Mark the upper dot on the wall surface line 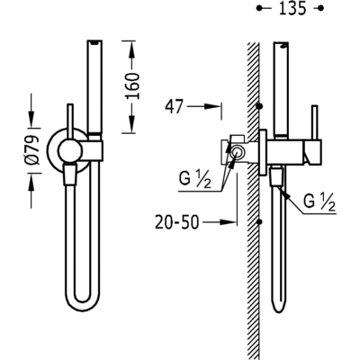click(x=258, y=106)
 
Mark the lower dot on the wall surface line click(x=258, y=220)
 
